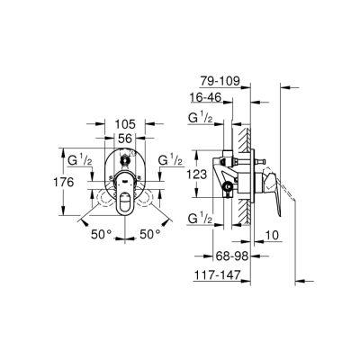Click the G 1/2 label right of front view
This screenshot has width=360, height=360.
point(171,160)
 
